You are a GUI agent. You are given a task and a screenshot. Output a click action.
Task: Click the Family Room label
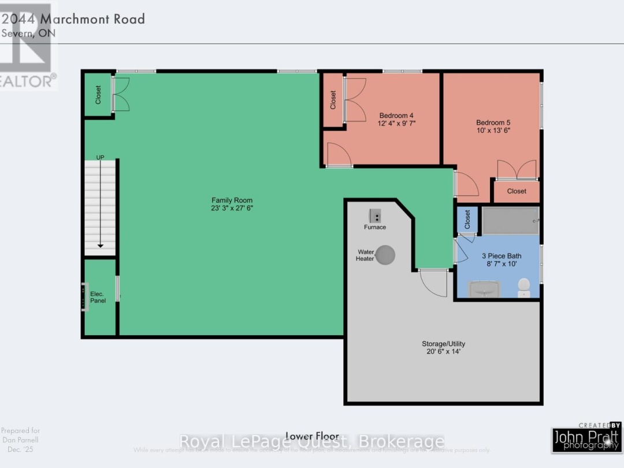pos(233,200)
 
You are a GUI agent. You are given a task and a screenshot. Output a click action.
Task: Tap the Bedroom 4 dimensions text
pos(397,123)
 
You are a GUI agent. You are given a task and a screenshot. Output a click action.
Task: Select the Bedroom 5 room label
pos(493,122)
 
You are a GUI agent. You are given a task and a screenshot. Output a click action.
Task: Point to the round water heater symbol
pos(385,254)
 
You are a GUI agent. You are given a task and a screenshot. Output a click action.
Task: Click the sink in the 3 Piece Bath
pos(484,289)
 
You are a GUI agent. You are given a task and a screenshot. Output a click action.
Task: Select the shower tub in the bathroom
pos(511,220)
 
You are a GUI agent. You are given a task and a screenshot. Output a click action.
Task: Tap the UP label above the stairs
pos(101,157)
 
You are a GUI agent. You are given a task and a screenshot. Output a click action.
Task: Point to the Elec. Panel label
pos(98,298)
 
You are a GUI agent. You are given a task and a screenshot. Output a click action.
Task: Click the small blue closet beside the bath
pos(467,220)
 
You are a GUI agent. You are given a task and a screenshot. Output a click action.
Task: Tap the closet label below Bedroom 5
pos(517,191)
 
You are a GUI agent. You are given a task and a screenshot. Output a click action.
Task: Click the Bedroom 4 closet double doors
pos(355,99)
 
